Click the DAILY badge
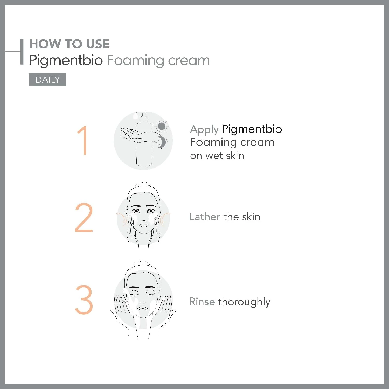coord(47,80)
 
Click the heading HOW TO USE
coord(70,44)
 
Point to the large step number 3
coord(84,300)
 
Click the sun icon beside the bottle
coord(161,127)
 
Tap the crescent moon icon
coord(162,142)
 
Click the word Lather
coord(205,217)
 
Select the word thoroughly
coord(244,302)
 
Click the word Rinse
coord(202,302)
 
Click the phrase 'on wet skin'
coord(217,156)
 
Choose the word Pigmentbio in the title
coord(66,61)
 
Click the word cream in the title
coord(189,61)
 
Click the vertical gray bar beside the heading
coord(22,52)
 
